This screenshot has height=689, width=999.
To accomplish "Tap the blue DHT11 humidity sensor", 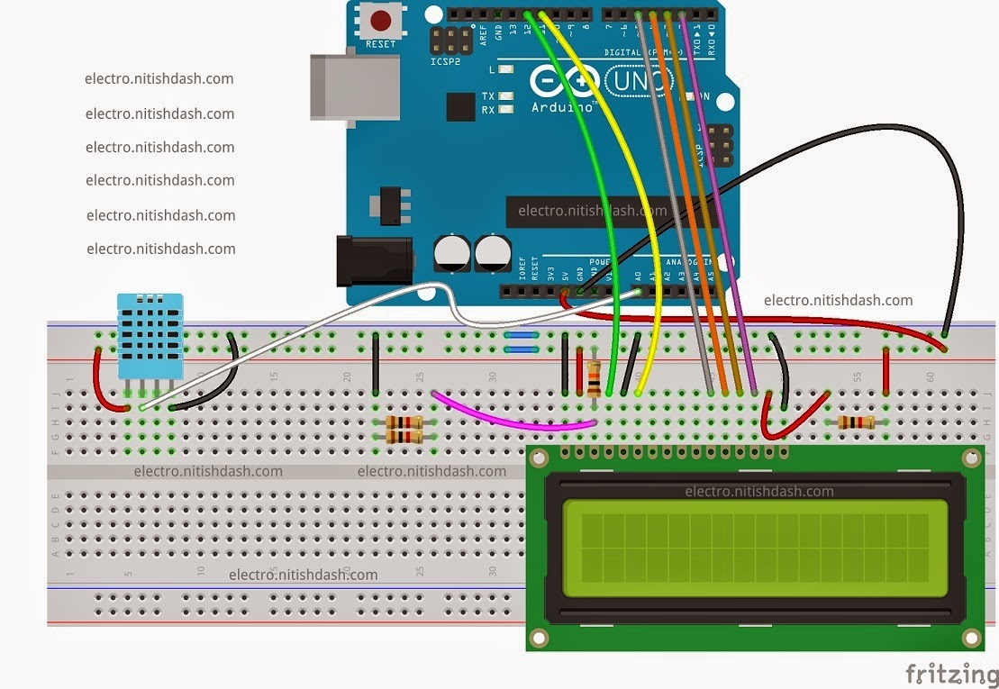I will click(x=150, y=335).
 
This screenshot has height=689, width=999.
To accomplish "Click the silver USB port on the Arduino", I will click(x=353, y=86).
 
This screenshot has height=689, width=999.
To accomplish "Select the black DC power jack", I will click(x=373, y=260).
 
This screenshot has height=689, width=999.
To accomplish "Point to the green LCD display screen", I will click(x=746, y=548).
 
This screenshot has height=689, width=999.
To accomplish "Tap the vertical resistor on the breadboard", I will click(x=594, y=378).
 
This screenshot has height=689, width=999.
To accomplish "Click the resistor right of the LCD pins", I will click(x=855, y=422).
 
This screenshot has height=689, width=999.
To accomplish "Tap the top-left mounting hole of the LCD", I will click(x=538, y=458).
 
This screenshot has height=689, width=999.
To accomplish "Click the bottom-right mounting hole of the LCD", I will click(x=971, y=638).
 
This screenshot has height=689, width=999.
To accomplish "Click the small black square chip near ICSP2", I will click(x=460, y=106).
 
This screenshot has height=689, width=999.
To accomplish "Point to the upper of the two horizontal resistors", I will click(x=404, y=422).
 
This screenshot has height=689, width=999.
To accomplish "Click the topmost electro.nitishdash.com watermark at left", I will click(x=159, y=79).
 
